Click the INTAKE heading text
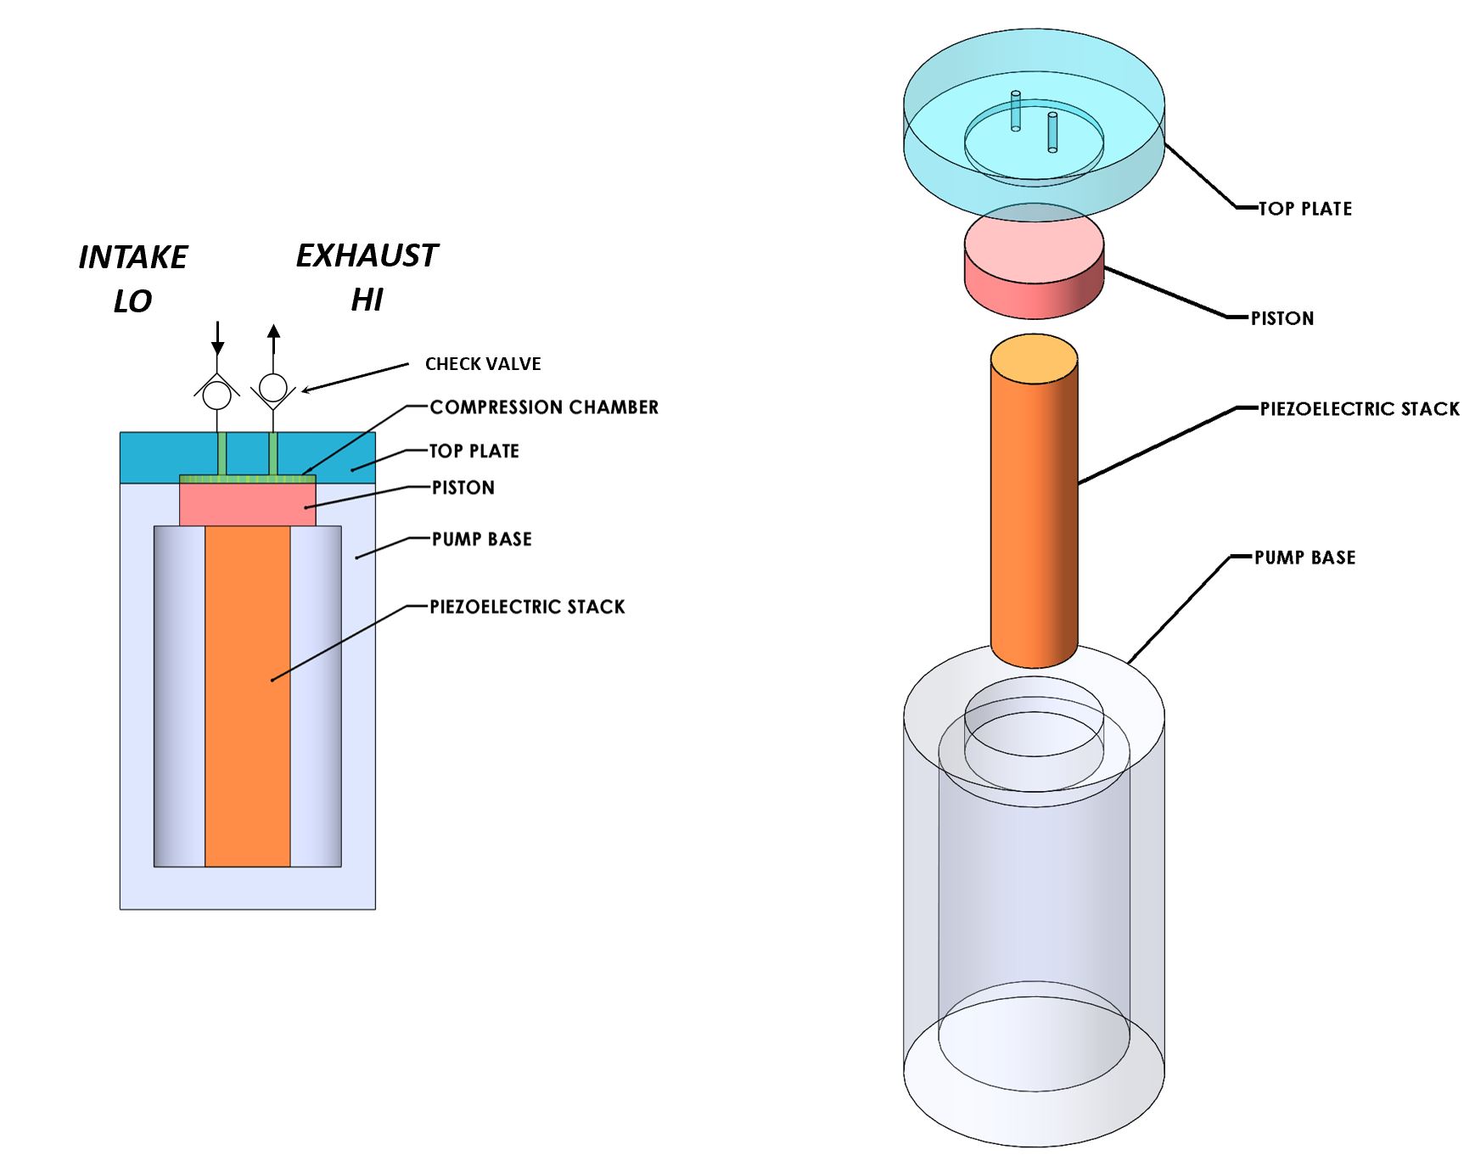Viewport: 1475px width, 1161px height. coord(133,257)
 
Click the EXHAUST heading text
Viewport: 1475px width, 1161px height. coord(367,255)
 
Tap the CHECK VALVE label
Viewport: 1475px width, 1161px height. coord(483,364)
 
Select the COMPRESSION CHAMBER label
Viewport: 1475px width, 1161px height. coord(544,407)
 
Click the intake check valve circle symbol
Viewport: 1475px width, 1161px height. coord(217,395)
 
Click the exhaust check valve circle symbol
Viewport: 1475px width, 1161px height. coord(272,387)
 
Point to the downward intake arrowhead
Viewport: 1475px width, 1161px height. coord(218,347)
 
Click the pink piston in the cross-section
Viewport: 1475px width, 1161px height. coord(247,505)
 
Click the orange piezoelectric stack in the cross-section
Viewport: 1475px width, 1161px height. coord(247,696)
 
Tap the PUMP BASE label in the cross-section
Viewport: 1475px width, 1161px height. coord(481,539)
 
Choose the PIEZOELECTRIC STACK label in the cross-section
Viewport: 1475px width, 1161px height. coord(527,607)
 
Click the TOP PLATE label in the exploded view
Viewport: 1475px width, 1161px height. coord(1304,209)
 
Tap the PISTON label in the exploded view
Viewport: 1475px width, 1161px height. coord(1282,319)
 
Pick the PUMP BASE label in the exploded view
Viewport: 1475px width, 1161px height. coord(1304,558)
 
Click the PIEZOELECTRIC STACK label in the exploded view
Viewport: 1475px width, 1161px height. coord(1360,409)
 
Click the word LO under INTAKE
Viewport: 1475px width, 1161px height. coord(132,301)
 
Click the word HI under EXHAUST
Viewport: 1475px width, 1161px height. coord(367,300)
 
